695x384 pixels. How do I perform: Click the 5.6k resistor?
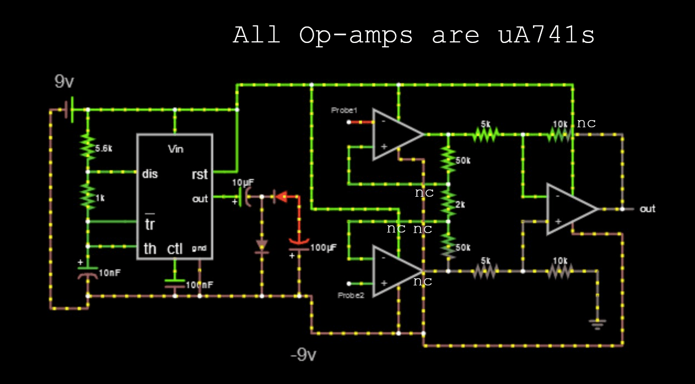click(x=87, y=148)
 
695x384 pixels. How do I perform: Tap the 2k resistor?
click(x=449, y=204)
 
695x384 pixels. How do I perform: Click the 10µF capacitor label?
click(x=243, y=183)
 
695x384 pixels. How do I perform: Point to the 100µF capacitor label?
click(x=323, y=248)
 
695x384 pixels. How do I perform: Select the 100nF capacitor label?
click(x=199, y=285)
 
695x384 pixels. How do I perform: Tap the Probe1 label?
click(x=344, y=110)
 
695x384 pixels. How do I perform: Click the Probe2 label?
click(x=351, y=295)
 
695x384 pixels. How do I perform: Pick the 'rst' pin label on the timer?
click(x=199, y=175)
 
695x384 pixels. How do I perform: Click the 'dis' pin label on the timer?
click(x=149, y=174)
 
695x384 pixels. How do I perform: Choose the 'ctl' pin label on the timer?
click(x=175, y=249)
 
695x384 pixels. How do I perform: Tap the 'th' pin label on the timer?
click(x=149, y=249)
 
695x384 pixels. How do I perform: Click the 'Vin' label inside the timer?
click(x=175, y=149)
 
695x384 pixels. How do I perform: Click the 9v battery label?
click(x=64, y=82)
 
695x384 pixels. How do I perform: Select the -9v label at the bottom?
click(x=303, y=355)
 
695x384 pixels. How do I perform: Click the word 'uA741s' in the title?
click(x=546, y=36)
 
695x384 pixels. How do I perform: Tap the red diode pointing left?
click(x=281, y=196)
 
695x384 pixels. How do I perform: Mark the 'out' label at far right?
click(x=648, y=209)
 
